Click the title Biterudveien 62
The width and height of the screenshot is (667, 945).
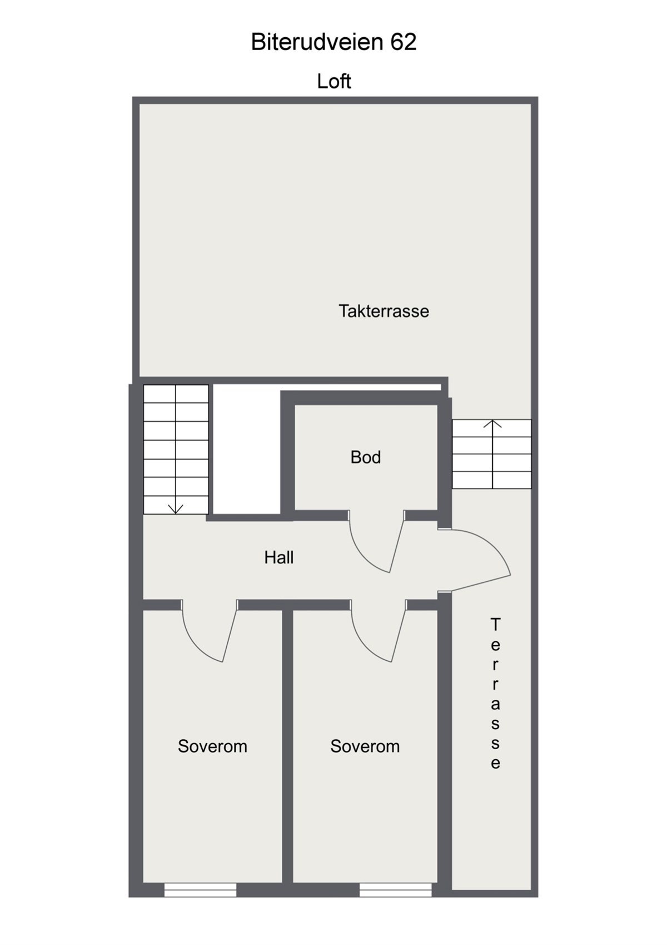333,42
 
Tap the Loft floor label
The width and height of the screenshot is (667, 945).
333,81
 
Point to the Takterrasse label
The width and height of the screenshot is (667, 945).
384,311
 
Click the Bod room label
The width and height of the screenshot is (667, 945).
365,457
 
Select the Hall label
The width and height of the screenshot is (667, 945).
278,557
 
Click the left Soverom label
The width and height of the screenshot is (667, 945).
212,746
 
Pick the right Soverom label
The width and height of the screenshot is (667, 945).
365,746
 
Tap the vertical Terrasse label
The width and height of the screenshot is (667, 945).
495,693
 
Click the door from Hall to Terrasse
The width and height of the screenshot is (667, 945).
478,559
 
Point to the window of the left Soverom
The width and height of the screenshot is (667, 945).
200,890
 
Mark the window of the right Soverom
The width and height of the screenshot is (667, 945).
395,890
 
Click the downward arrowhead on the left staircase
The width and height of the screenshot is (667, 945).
176,508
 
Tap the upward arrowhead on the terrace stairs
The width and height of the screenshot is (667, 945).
492,424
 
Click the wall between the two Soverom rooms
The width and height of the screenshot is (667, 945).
287,745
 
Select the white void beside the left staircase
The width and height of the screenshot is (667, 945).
247,451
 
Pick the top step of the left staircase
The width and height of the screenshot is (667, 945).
176,394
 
